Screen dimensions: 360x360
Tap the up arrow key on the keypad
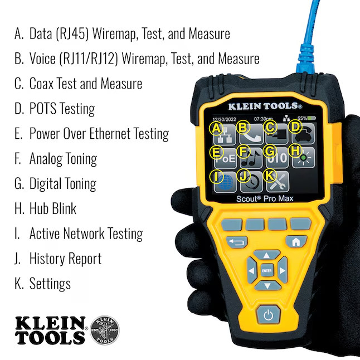tap(268, 255)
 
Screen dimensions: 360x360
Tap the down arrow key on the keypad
tap(268, 286)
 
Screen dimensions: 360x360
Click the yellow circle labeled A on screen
tap(217, 128)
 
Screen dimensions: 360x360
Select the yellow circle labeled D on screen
tap(296, 128)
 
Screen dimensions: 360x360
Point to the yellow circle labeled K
tap(269, 176)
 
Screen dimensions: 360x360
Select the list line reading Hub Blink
tap(52, 208)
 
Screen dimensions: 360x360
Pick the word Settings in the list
tap(50, 283)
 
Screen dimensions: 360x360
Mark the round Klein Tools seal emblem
tap(104, 330)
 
